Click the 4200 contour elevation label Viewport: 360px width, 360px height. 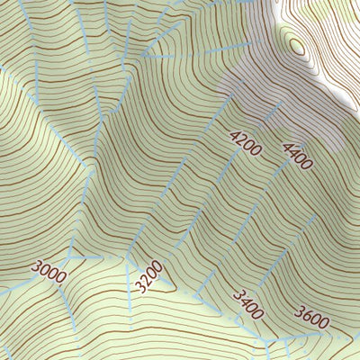pyautogui.click(x=245, y=144)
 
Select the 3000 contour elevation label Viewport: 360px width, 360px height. pyautogui.click(x=48, y=271)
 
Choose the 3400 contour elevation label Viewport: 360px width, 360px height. pyautogui.click(x=247, y=304)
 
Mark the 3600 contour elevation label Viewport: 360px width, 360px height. pyautogui.click(x=310, y=317)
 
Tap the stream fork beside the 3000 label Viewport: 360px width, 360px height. pyautogui.click(x=70, y=257)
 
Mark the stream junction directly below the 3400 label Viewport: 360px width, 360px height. pyautogui.click(x=267, y=341)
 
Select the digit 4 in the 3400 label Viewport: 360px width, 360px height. pyautogui.click(x=244, y=300)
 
